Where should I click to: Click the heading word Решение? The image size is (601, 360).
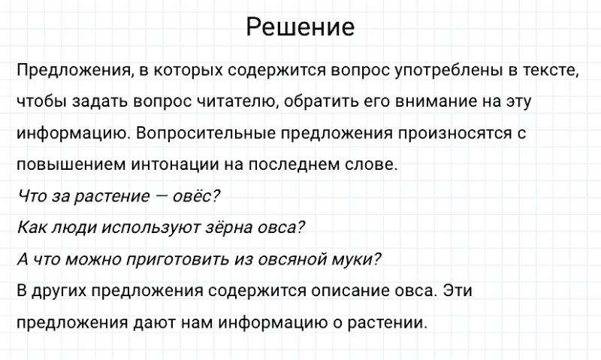coord(300,28)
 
